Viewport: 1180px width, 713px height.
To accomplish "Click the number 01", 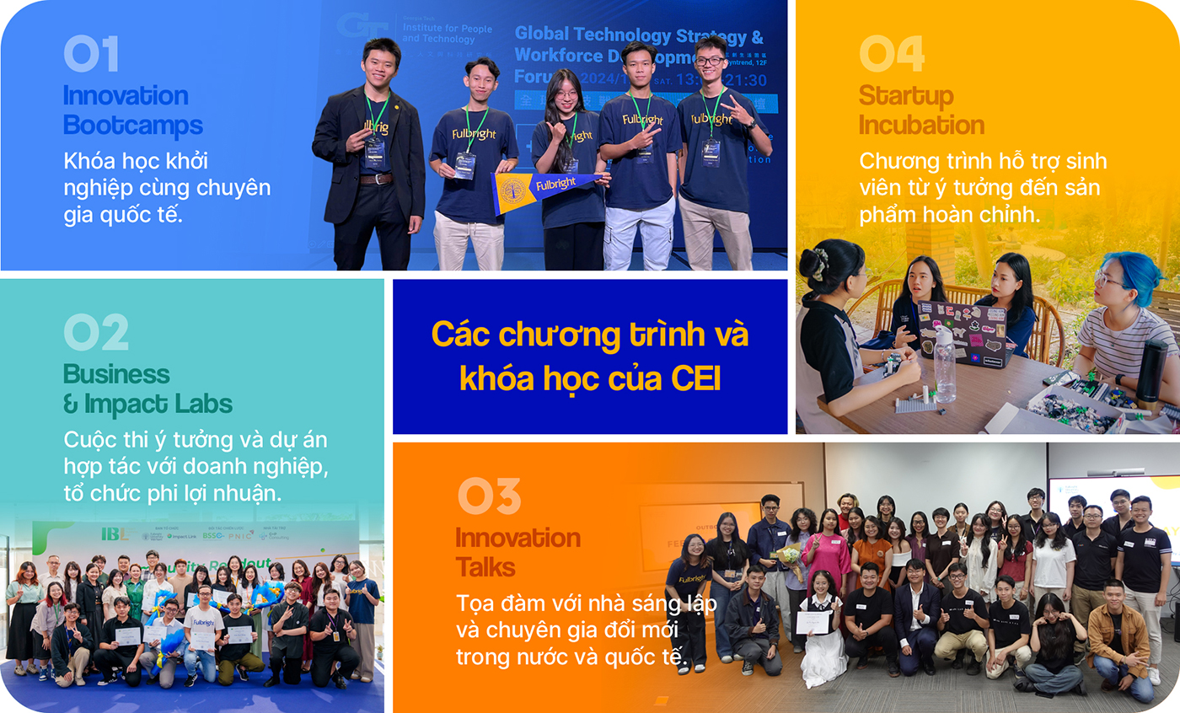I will pos(90,54).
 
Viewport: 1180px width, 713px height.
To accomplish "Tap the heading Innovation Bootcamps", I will pos(132,110).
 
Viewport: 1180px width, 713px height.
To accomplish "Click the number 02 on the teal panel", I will pos(95,333).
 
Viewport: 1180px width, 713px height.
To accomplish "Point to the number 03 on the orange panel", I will pos(489,496).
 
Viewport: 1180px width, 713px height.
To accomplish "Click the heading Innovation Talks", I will pos(518,552).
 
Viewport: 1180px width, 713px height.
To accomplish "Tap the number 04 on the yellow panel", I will pos(891,54).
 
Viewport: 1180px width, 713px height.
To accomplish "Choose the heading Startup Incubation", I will pos(921,110).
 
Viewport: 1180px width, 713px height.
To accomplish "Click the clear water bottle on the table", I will pos(944,364).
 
